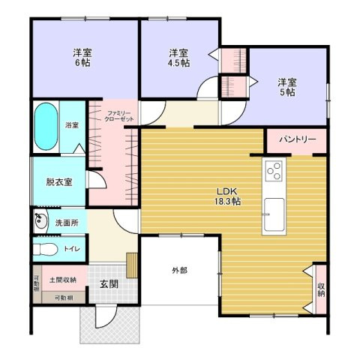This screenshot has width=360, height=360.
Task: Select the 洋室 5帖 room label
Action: pos(286,86)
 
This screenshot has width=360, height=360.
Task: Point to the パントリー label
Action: pos(297,140)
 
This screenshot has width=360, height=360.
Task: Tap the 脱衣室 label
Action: pos(58,181)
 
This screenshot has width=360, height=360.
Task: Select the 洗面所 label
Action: pos(67,223)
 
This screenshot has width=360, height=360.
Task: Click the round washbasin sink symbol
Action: pos(40,221)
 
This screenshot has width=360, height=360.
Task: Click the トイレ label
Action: pos(73,248)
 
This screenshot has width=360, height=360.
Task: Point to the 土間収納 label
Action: pos(62,280)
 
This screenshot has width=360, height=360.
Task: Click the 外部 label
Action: pos(178,270)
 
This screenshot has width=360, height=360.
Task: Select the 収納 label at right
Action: pos(321,287)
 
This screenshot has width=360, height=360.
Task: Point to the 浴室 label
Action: pos(72,124)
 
